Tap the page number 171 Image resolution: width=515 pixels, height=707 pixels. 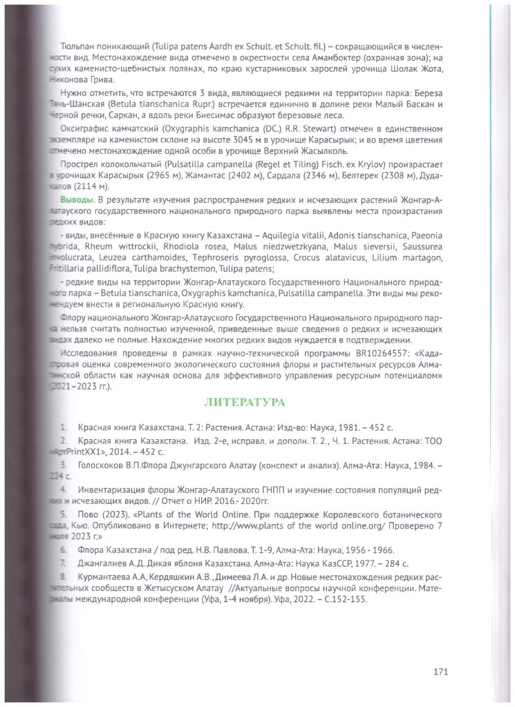(442, 670)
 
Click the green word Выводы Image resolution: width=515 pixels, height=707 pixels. (75, 200)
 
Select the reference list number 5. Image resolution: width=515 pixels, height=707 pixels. (64, 514)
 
